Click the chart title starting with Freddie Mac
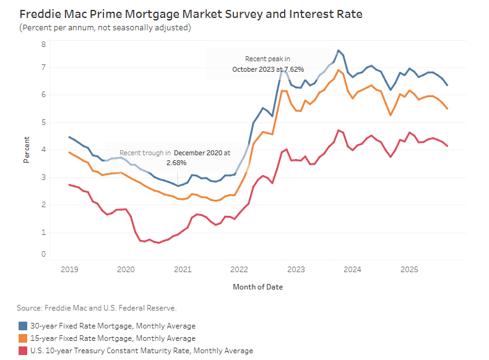191,14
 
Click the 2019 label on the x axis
69,270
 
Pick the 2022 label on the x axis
239,270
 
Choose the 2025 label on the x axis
409,270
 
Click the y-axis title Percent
27,150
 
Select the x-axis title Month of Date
258,287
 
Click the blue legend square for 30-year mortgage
23,325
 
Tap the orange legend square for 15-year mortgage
23,338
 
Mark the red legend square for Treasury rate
23,351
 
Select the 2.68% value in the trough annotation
176,162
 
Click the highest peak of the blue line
339,50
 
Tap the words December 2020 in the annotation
197,152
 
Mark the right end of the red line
448,146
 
